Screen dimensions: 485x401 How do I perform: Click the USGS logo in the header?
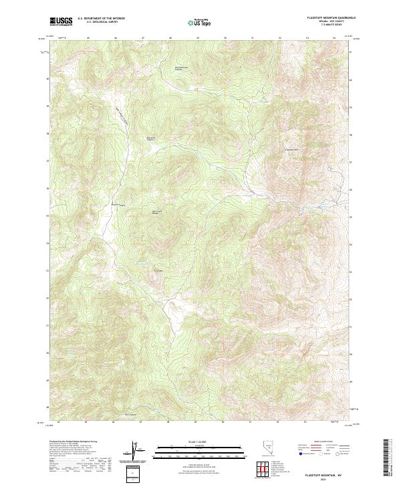pos(61,21)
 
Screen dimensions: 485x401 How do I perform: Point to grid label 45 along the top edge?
pos(89,38)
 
